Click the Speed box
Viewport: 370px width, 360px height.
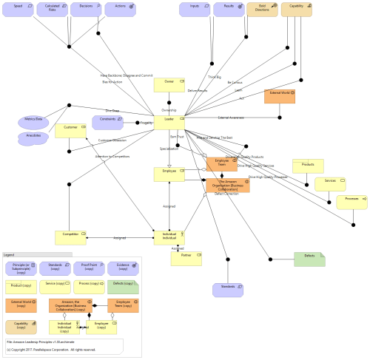coord(18,10)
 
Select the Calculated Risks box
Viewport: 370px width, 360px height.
coord(52,10)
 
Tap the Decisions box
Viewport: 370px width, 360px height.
coord(85,10)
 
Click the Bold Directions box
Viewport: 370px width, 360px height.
coord(263,10)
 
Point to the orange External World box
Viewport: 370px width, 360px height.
coord(280,97)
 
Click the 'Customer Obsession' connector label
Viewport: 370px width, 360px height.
coord(113,140)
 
